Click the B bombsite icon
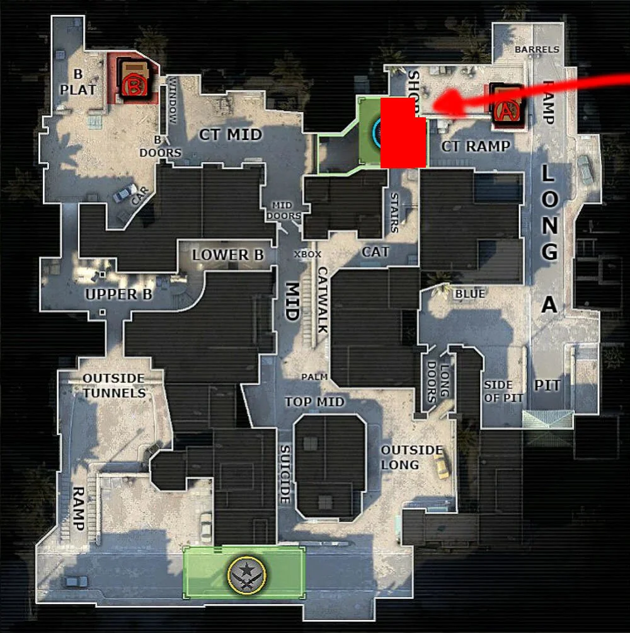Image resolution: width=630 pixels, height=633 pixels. (133, 84)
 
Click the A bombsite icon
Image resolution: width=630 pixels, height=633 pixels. (507, 111)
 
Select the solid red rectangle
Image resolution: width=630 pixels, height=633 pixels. (402, 132)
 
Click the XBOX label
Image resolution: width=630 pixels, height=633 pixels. (308, 254)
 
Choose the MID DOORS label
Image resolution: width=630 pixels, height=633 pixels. (286, 211)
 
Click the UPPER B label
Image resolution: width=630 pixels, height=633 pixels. (120, 294)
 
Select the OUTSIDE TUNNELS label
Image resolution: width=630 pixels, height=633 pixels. (114, 385)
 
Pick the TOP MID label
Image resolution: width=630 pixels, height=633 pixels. (314, 402)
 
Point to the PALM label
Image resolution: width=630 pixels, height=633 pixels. (314, 376)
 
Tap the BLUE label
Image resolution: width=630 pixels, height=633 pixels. (470, 294)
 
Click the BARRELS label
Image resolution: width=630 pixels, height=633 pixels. (537, 49)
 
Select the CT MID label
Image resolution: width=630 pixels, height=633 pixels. (231, 134)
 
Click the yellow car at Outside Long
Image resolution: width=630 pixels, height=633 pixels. (443, 467)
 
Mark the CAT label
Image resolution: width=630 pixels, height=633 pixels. (375, 252)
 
